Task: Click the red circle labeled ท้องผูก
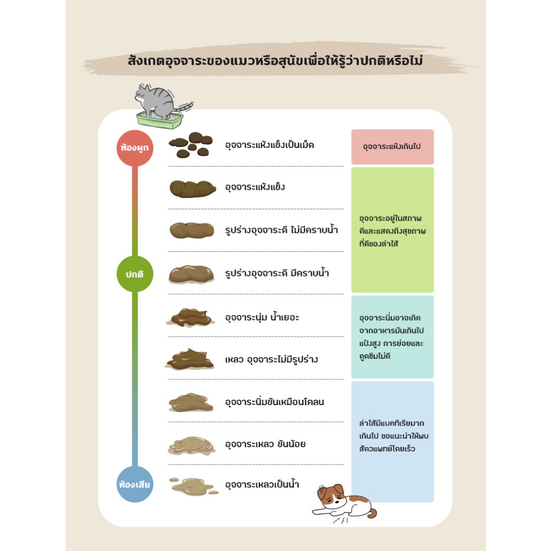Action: click(x=135, y=147)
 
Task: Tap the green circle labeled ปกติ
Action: click(x=135, y=274)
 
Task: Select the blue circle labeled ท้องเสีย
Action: click(x=135, y=484)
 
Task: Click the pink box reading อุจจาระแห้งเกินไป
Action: click(x=392, y=146)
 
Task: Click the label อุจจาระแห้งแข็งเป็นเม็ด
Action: click(x=269, y=145)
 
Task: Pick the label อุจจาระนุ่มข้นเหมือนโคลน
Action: click(x=274, y=401)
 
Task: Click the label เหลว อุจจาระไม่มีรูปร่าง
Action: click(x=271, y=359)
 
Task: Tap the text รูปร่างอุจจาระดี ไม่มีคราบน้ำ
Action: click(x=281, y=230)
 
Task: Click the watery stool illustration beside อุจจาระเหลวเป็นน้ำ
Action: click(x=193, y=486)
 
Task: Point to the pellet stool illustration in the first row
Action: click(x=189, y=145)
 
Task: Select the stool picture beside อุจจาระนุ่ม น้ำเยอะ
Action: click(x=190, y=317)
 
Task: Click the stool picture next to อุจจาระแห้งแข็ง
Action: click(x=193, y=188)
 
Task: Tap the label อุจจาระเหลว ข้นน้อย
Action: click(x=265, y=444)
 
